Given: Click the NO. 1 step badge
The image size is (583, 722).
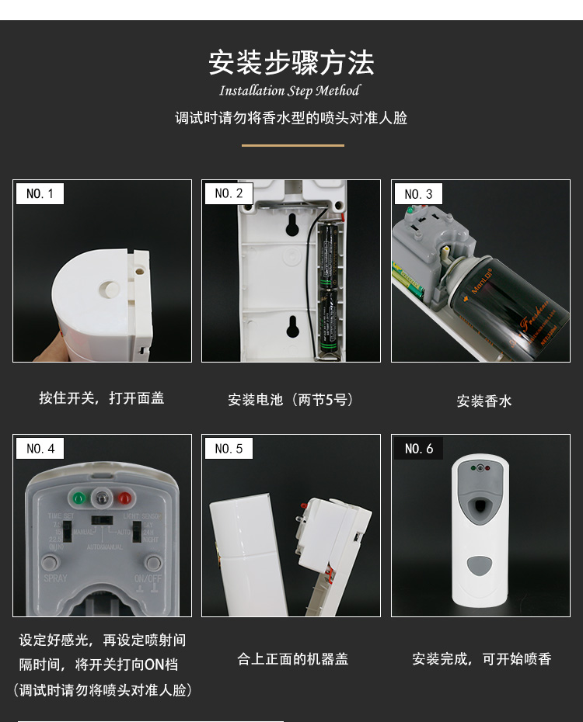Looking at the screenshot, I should pyautogui.click(x=40, y=193).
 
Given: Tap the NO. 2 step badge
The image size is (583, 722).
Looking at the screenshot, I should pyautogui.click(x=229, y=193).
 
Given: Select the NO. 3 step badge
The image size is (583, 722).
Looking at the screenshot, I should pyautogui.click(x=418, y=194).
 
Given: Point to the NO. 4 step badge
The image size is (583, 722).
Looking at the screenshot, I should pyautogui.click(x=40, y=449).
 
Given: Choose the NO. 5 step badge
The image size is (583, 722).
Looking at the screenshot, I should pyautogui.click(x=229, y=449).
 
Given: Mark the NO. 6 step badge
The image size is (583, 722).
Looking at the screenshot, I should pyautogui.click(x=418, y=449).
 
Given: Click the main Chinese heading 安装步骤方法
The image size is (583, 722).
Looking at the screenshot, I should pyautogui.click(x=291, y=63).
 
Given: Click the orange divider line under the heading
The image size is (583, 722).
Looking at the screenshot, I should pyautogui.click(x=292, y=145).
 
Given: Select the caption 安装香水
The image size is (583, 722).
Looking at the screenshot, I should pyautogui.click(x=484, y=401).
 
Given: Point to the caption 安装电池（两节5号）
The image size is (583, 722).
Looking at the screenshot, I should pyautogui.click(x=291, y=400).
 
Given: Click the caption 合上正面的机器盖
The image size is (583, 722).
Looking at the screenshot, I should pyautogui.click(x=292, y=659).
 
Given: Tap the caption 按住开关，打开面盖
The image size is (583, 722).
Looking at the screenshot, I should pyautogui.click(x=102, y=398).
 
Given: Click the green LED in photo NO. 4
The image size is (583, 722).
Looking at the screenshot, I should pyautogui.click(x=78, y=497).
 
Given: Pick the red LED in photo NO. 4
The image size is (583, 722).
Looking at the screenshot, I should pyautogui.click(x=124, y=497).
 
